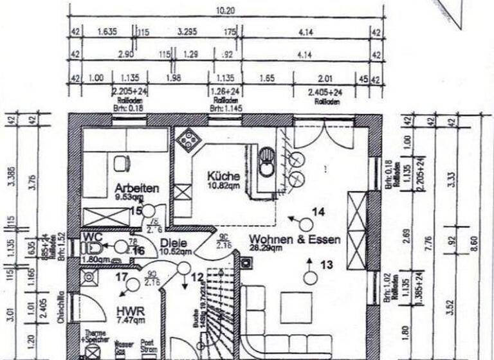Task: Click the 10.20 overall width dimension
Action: pos(222,11)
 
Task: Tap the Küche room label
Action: pos(223,176)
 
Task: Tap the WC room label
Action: pos(89,236)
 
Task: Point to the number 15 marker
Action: pos(136,210)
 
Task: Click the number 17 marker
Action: pos(120,278)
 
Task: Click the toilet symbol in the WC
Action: pos(94,248)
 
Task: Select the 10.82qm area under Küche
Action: pos(223,186)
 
